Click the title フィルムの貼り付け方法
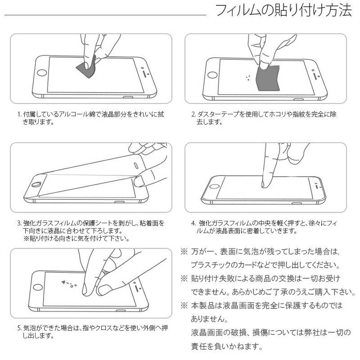[x=283, y=11]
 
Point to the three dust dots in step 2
[x=248, y=77]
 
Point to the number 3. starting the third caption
[x=19, y=223]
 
